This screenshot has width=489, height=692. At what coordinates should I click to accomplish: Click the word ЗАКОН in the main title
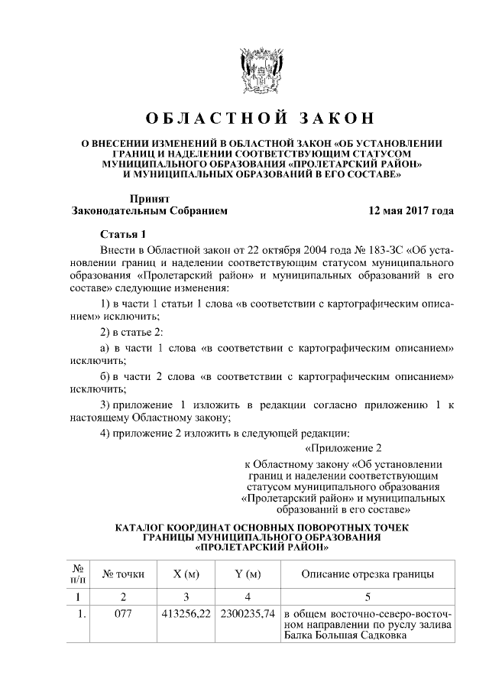coord(332,119)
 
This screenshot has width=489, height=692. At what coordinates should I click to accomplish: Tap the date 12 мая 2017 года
coord(410,210)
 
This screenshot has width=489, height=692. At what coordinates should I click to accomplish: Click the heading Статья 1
coord(121,233)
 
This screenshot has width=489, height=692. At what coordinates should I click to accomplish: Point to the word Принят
coord(148,197)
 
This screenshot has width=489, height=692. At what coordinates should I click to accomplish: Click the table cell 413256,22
coord(187,613)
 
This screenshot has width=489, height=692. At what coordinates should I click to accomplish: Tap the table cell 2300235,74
coord(248,613)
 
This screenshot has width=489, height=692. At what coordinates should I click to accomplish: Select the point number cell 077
coord(123,613)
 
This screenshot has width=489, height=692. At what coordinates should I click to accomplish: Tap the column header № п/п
coord(77,574)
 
